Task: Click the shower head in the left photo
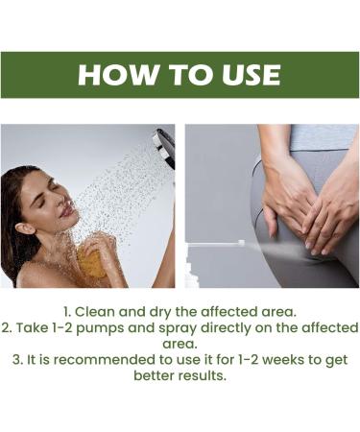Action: pos(164,149)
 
